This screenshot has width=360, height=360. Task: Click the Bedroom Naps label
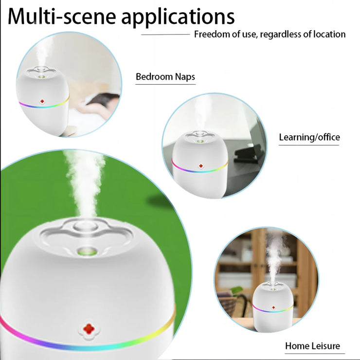point(165,77)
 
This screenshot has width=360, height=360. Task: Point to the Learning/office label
point(309,137)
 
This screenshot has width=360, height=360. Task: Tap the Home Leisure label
point(312,346)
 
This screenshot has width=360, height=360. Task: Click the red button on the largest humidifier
point(88,329)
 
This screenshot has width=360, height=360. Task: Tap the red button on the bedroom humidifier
point(42,102)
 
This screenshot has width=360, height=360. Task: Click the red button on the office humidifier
point(200,166)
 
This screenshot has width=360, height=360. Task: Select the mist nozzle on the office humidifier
point(199,141)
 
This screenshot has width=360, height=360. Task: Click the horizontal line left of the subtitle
point(165,35)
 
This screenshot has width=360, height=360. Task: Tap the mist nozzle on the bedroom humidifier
point(43,76)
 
